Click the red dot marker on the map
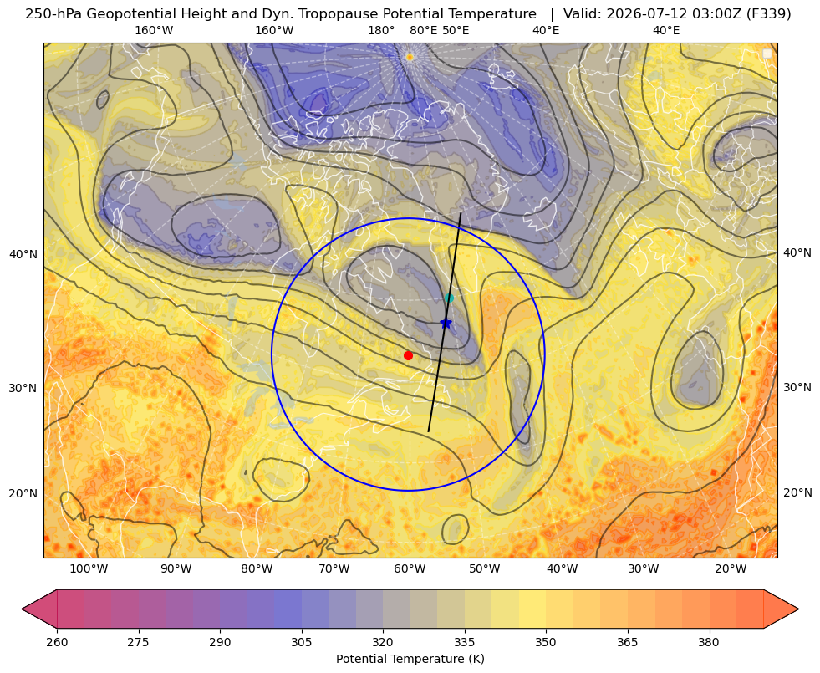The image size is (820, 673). (x=409, y=355)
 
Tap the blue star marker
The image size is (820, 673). (x=446, y=324)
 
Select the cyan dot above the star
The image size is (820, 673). (x=449, y=298)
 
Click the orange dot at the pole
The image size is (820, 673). (x=410, y=57)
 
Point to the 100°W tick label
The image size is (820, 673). (x=89, y=569)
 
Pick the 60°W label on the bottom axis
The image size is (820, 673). (x=410, y=569)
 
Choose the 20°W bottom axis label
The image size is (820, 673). (x=731, y=569)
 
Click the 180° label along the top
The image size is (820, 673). (x=381, y=30)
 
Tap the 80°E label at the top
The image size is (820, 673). (x=424, y=30)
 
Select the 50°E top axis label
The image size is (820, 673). (x=456, y=30)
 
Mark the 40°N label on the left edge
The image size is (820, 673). (x=23, y=254)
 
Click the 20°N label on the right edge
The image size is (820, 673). (x=797, y=492)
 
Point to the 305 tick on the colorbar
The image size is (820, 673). (x=301, y=642)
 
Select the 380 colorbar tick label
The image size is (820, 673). (x=709, y=642)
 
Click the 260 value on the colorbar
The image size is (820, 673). (x=57, y=642)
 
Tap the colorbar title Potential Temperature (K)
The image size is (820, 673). (x=410, y=659)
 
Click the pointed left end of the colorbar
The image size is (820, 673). (x=22, y=609)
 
